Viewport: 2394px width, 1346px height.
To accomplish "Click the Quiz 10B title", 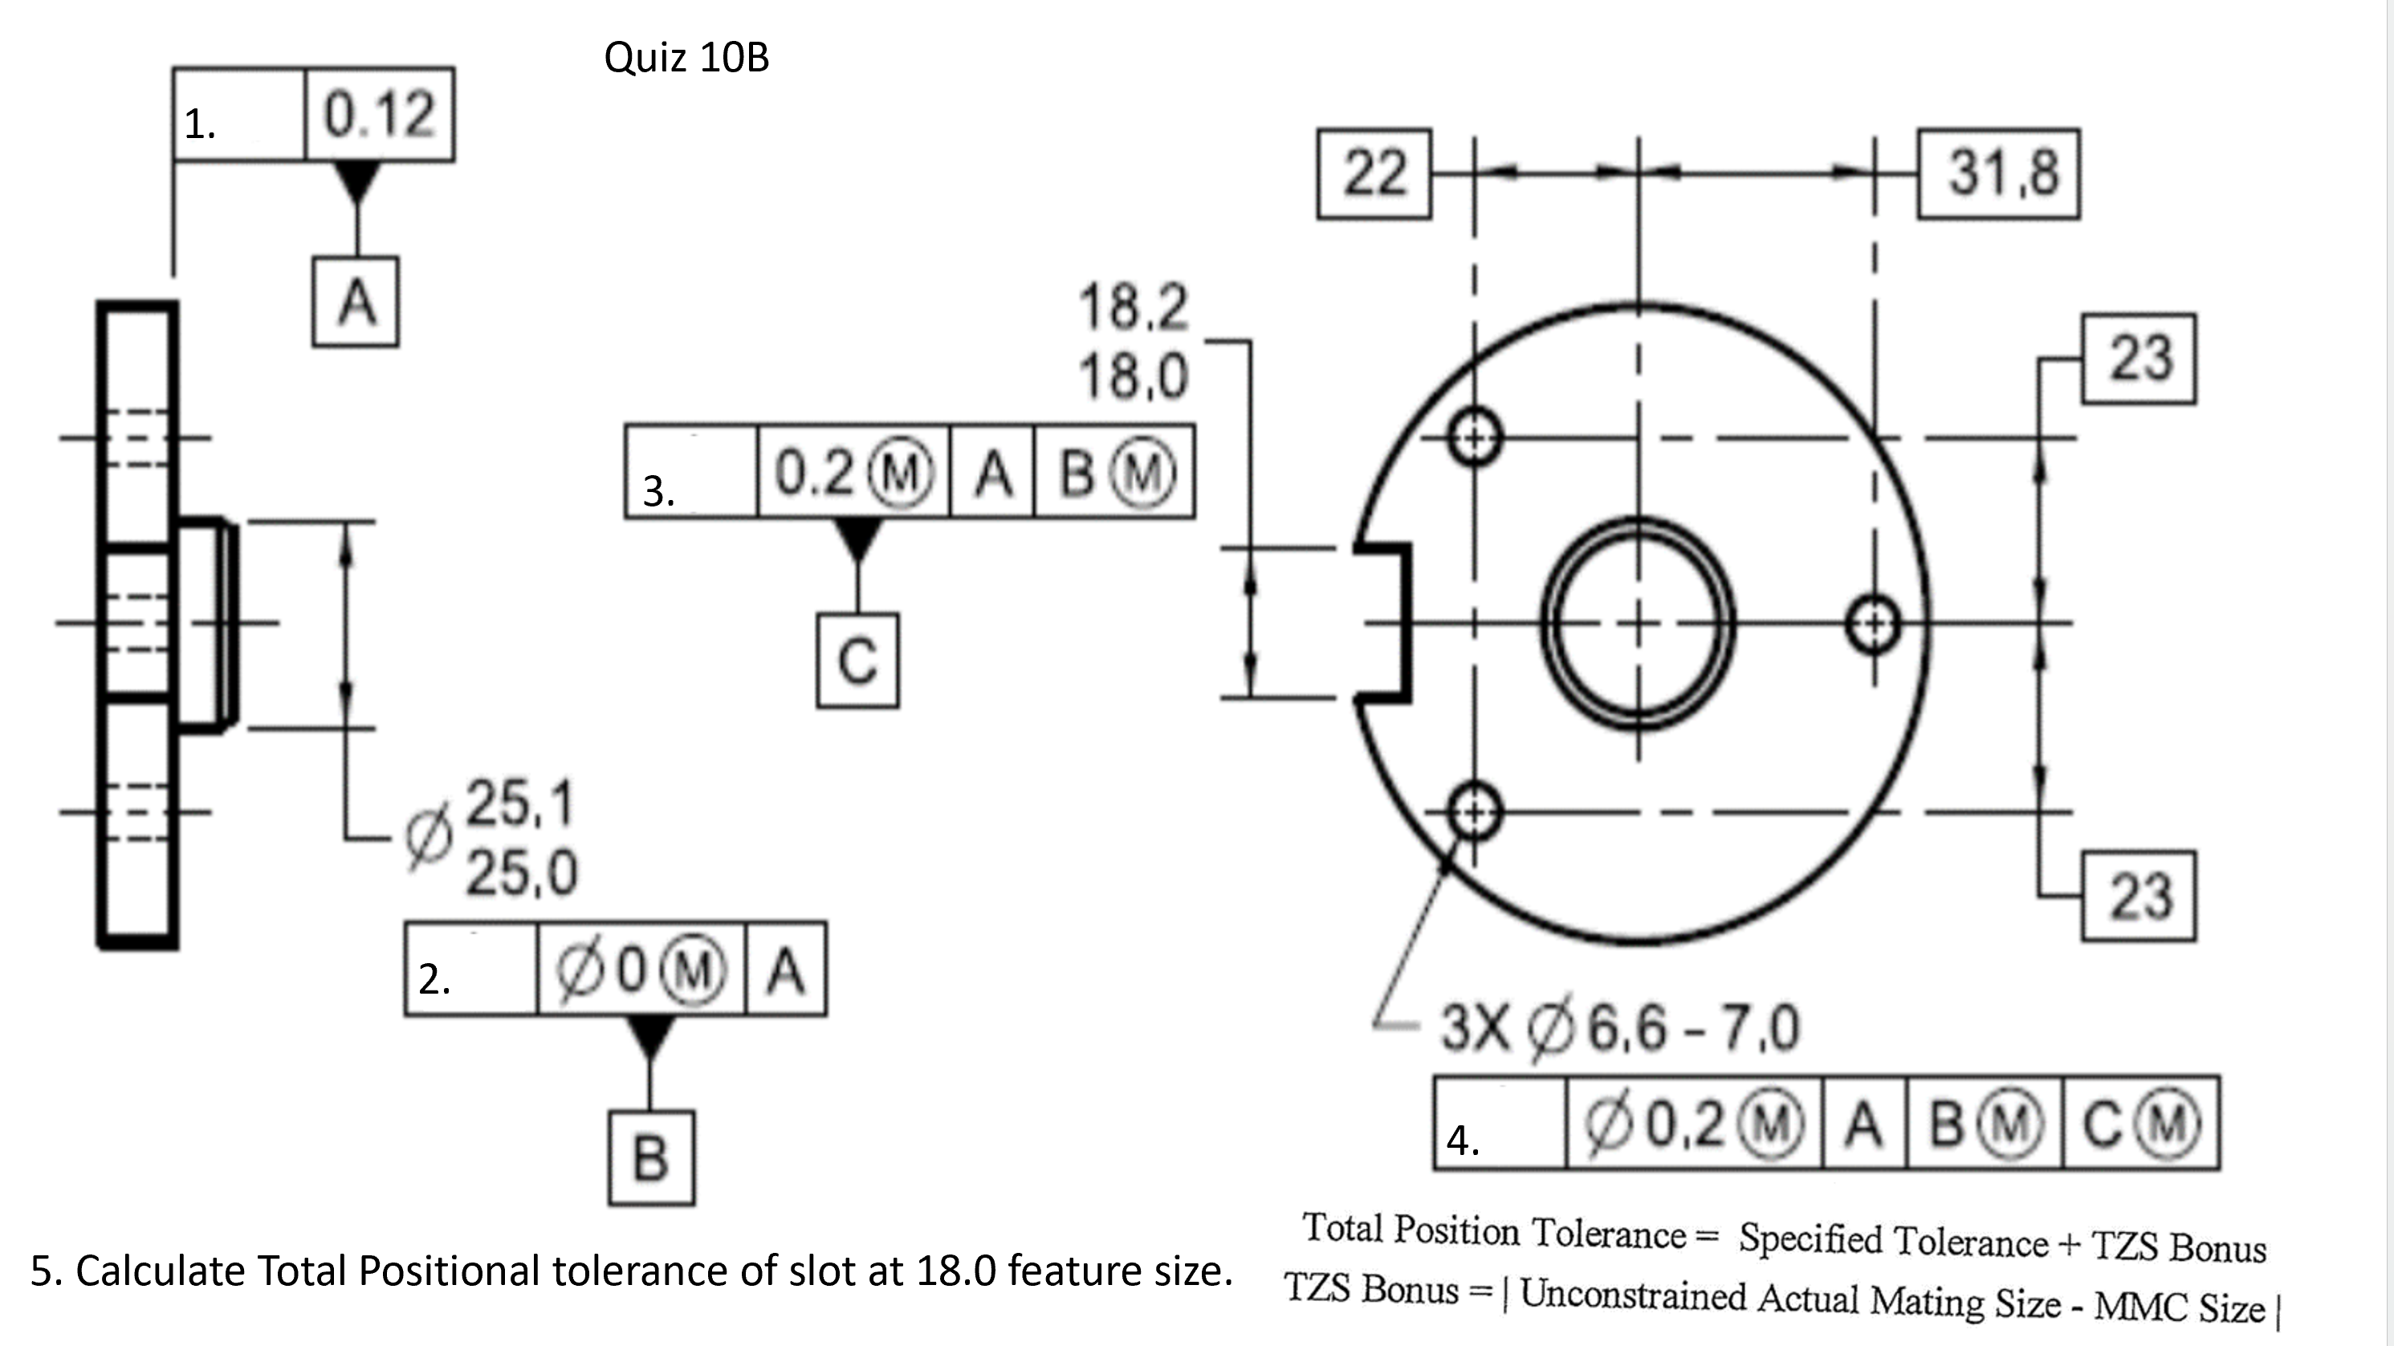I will [686, 58].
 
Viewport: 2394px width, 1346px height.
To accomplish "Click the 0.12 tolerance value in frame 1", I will [379, 116].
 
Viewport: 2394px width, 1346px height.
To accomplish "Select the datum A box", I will [356, 303].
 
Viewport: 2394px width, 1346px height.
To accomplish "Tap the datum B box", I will [650, 1158].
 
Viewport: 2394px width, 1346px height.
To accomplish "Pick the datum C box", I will [857, 661].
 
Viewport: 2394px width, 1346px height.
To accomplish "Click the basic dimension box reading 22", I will [1374, 173].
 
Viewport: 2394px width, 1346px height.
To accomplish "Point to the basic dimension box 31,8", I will [1998, 173].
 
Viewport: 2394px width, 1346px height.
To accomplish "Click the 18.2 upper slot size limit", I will [1133, 307].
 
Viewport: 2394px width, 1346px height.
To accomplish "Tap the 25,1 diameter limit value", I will [519, 803].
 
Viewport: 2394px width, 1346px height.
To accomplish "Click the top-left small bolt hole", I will [1474, 437].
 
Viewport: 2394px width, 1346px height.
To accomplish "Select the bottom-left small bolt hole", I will [1474, 813].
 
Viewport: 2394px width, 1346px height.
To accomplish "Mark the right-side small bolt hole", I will [1874, 624].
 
